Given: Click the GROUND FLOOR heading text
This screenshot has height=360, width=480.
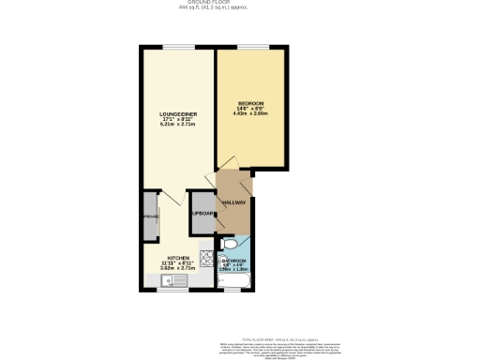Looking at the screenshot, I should point(239,3).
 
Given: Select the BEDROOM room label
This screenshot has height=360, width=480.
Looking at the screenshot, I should point(250,102).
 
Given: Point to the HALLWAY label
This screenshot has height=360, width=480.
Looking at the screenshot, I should point(233,202).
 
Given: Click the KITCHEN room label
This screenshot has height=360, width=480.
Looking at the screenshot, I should point(179,257).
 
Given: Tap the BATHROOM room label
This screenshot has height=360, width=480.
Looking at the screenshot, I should point(234,260).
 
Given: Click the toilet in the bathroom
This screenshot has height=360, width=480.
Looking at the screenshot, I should point(229,243).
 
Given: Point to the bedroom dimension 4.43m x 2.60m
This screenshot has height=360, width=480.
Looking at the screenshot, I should point(250,113).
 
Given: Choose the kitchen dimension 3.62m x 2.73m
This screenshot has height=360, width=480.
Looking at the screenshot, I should point(179,268).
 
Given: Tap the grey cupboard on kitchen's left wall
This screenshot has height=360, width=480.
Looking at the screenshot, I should point(150,217).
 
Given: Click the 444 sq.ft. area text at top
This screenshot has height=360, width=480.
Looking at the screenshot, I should point(239,9).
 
